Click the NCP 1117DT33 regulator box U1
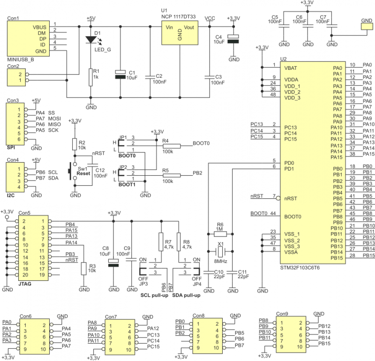click(x=180, y=33)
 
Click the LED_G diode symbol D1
click(x=91, y=39)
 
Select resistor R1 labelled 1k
click(x=90, y=77)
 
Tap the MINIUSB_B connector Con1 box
click(x=28, y=39)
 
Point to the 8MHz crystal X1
click(x=220, y=251)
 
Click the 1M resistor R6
click(x=220, y=234)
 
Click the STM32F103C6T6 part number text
click(x=300, y=268)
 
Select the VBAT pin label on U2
click(x=291, y=68)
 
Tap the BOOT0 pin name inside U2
click(x=292, y=217)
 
